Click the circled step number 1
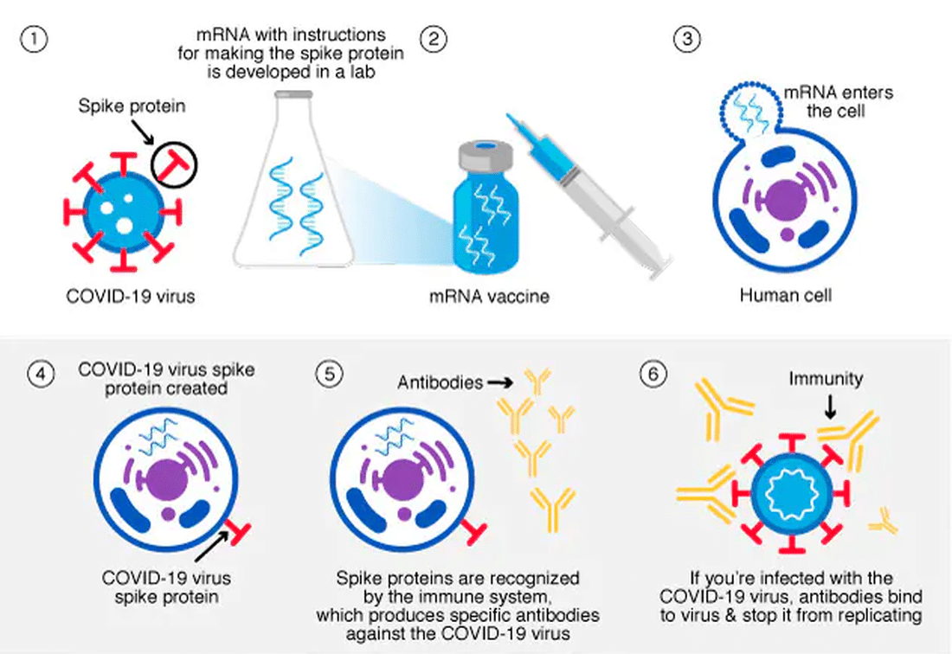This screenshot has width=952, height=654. click(31, 40)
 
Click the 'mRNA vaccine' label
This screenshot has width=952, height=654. click(490, 297)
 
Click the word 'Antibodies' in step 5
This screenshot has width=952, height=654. click(440, 381)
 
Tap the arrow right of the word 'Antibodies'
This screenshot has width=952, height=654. click(501, 381)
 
